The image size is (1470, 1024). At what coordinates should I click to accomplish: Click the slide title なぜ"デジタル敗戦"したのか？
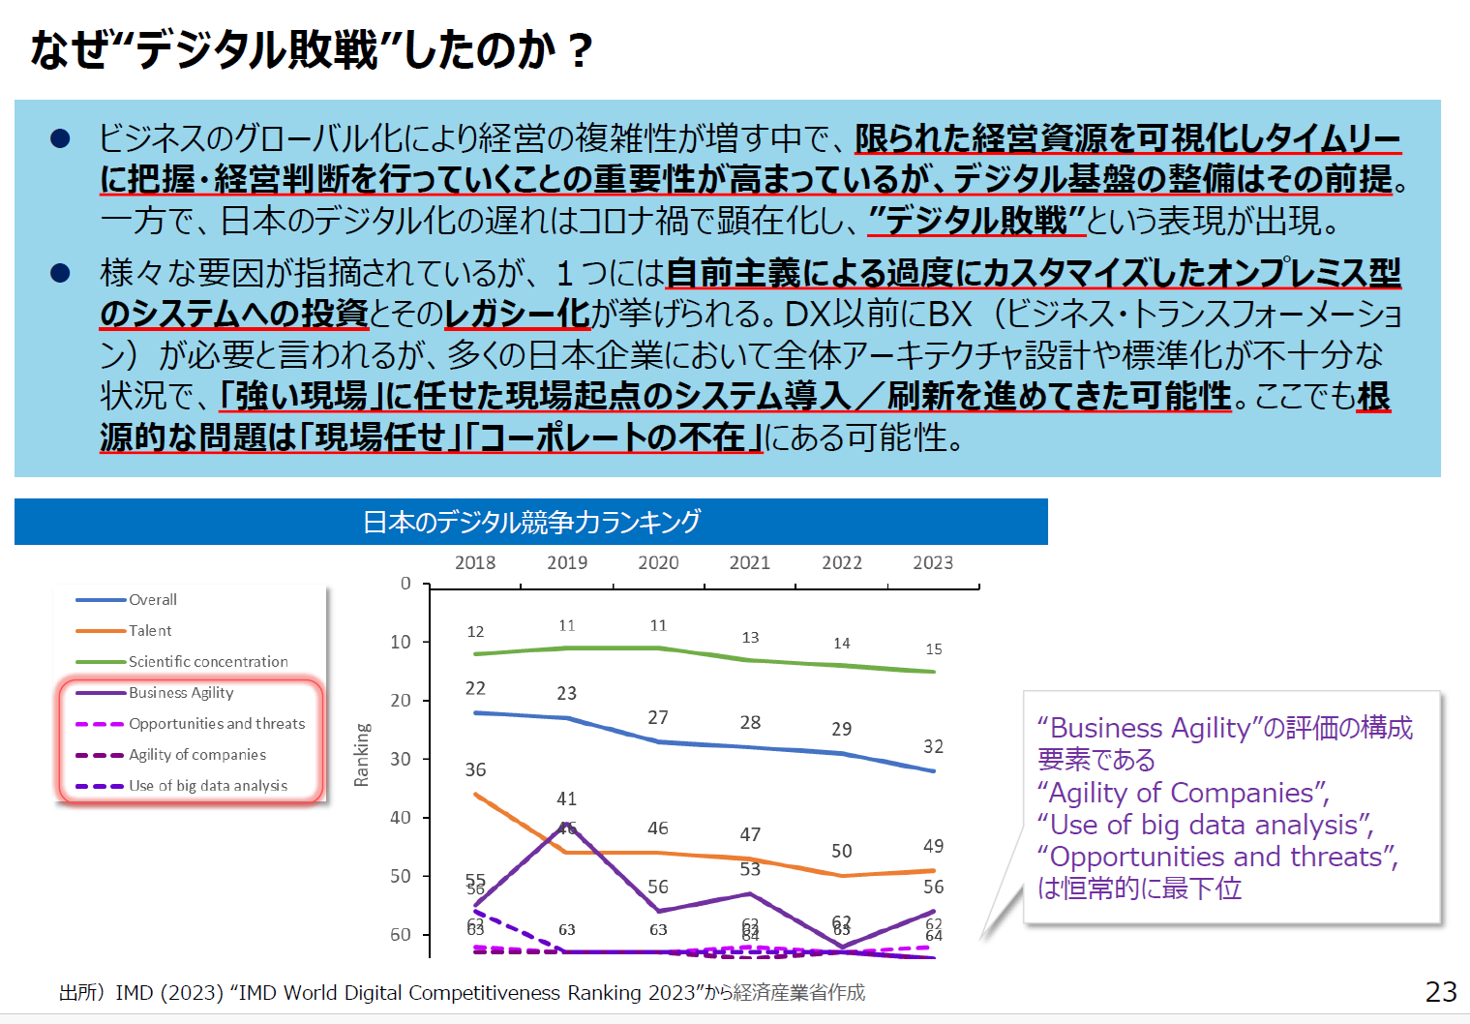tap(310, 50)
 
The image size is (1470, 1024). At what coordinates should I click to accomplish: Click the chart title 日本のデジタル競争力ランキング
tap(531, 523)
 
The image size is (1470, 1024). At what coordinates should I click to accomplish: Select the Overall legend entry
tap(152, 600)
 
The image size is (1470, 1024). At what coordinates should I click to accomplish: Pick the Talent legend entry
tap(150, 631)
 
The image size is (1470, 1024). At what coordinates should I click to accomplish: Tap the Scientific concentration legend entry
tap(208, 662)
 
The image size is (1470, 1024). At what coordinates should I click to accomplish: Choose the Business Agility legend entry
tap(181, 693)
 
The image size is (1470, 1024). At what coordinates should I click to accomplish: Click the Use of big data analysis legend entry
tap(208, 786)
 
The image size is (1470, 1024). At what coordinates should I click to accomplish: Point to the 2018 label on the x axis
tap(475, 563)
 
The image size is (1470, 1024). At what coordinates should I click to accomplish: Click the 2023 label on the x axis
tap(933, 563)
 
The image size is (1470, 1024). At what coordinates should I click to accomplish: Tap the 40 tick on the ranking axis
tap(401, 818)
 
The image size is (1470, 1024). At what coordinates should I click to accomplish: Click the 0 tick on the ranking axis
tap(405, 584)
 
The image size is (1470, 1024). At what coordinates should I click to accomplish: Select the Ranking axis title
tap(362, 755)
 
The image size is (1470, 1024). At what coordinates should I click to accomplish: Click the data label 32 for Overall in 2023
tap(933, 747)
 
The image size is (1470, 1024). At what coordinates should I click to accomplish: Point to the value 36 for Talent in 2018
tap(475, 770)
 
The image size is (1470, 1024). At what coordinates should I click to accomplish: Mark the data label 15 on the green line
tap(933, 649)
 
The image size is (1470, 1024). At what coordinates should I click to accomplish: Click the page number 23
tap(1441, 992)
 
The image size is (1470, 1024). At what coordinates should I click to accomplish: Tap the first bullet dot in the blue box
tap(60, 139)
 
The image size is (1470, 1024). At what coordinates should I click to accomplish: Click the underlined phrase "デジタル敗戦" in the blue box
tap(977, 221)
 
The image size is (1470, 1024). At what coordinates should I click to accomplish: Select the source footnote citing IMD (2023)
tap(462, 993)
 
